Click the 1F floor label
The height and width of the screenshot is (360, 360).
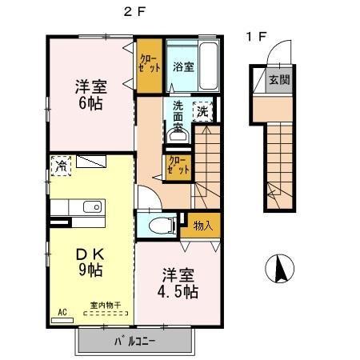[256, 37]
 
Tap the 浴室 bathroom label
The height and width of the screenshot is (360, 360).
[182, 67]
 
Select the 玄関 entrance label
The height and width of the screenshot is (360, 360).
[278, 80]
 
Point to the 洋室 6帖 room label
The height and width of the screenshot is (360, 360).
[90, 94]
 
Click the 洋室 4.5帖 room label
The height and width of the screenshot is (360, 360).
[177, 282]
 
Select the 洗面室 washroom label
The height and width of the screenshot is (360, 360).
[176, 114]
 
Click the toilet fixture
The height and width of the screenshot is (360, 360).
[158, 225]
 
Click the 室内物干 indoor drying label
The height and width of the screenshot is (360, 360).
[104, 305]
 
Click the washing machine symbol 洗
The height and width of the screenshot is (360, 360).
[203, 110]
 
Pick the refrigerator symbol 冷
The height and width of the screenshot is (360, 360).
[61, 166]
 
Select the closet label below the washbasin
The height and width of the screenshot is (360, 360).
[178, 166]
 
